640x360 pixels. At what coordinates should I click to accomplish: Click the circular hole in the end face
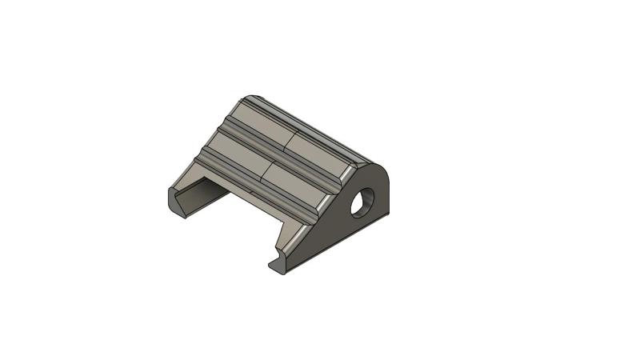(x=365, y=202)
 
